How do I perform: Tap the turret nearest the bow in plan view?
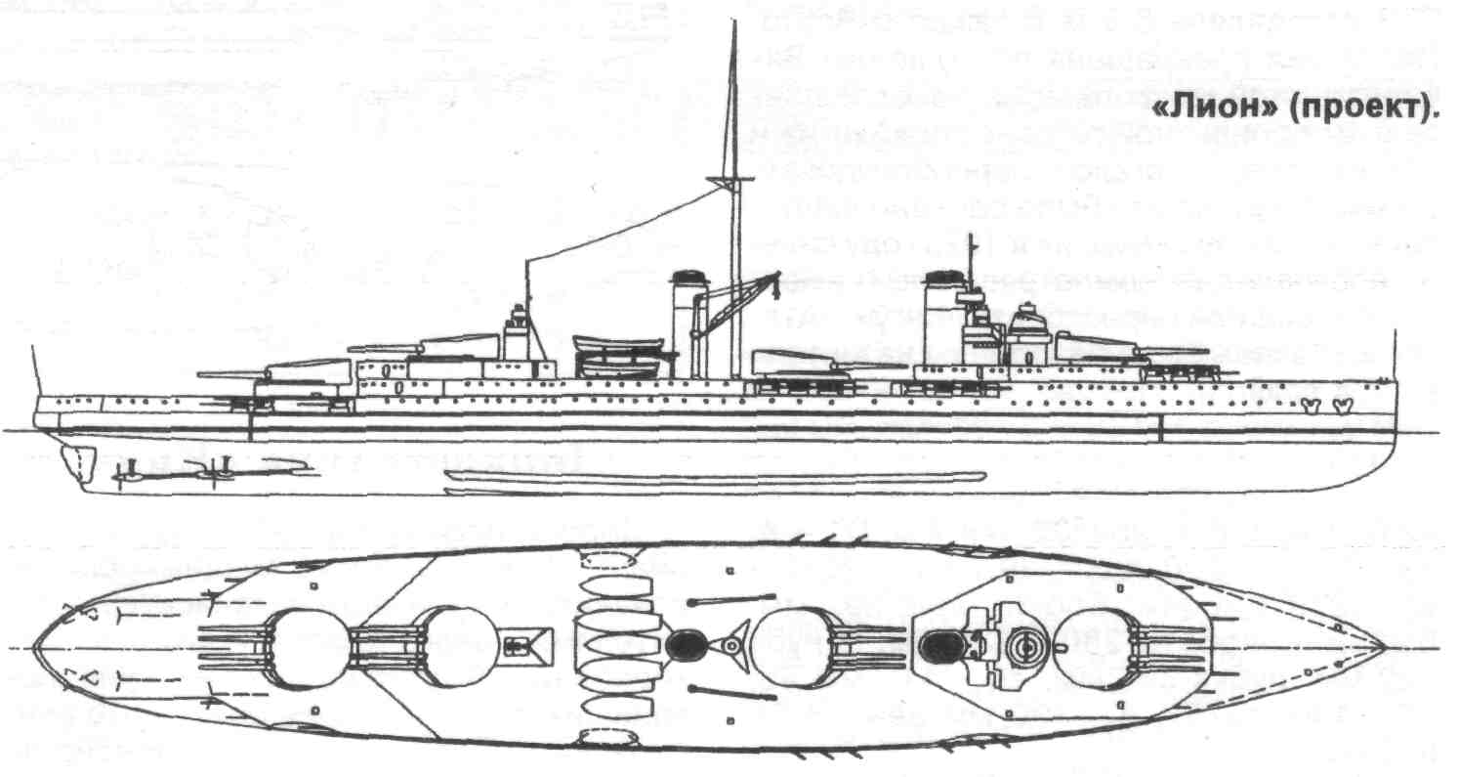(1094, 649)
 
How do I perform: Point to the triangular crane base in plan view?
(730, 645)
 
